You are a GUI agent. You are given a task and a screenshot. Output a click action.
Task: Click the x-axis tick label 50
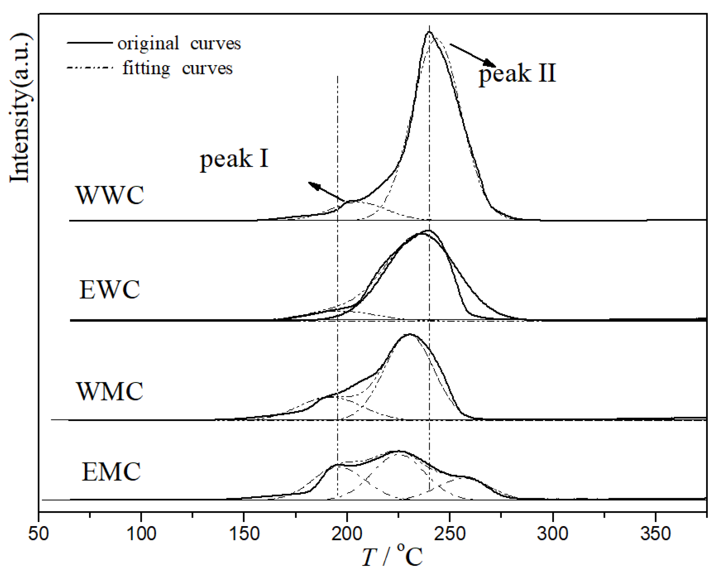tap(39, 534)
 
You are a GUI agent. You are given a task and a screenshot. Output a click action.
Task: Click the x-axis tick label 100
tap(141, 534)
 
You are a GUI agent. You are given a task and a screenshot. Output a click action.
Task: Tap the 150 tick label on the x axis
tap(244, 534)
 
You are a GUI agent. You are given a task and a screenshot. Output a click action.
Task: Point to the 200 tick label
tap(347, 534)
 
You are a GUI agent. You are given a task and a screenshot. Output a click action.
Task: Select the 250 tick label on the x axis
tap(450, 534)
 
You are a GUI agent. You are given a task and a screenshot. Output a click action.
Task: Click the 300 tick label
tap(553, 534)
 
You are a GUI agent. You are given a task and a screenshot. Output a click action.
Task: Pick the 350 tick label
tap(656, 534)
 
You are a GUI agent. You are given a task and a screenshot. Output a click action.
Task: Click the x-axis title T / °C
tap(392, 557)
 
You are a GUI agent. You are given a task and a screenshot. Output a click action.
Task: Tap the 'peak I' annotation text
tap(234, 159)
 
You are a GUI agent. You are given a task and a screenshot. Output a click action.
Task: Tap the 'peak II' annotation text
tap(518, 73)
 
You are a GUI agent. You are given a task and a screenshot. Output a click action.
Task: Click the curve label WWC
tap(110, 195)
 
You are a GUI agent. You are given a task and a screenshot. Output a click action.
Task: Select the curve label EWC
tap(110, 289)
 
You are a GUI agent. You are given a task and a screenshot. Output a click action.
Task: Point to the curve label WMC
tap(110, 392)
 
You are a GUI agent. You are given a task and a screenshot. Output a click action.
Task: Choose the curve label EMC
tap(111, 472)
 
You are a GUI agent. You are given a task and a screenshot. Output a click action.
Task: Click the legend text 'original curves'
tap(179, 44)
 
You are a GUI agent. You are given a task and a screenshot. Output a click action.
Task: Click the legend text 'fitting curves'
tap(177, 68)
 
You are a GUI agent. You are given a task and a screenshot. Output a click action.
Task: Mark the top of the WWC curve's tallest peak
tap(429, 32)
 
